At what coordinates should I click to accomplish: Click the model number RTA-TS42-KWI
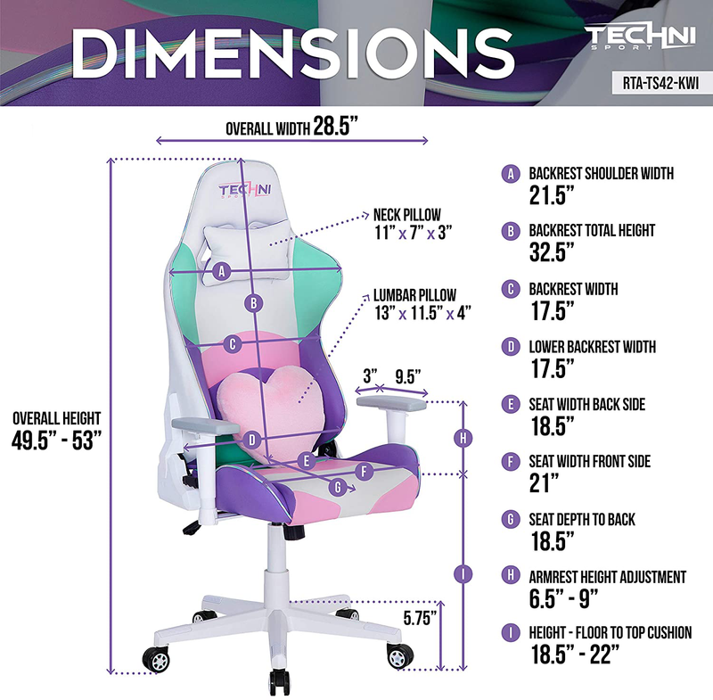tap(660, 83)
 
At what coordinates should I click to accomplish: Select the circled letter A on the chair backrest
tap(222, 272)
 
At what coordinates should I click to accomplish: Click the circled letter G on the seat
tap(338, 488)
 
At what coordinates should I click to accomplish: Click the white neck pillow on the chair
tap(247, 251)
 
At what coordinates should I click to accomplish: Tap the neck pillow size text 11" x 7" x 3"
tap(413, 233)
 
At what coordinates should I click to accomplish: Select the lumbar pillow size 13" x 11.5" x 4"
tap(422, 313)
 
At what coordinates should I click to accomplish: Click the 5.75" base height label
tap(420, 618)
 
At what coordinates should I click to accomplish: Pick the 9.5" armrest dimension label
tap(407, 376)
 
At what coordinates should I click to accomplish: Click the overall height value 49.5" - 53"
tap(56, 441)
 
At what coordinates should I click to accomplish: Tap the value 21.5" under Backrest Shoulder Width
tap(552, 195)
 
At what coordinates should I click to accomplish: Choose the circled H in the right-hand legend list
tap(511, 575)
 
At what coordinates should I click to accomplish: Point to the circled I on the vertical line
tap(463, 574)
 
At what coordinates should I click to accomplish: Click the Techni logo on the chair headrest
tap(245, 191)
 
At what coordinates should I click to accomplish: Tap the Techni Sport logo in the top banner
tap(640, 37)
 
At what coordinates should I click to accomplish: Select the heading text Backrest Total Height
tap(592, 231)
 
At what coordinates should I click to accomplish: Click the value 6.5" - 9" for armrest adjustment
tap(563, 598)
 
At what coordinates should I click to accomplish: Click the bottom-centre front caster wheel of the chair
tap(279, 681)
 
